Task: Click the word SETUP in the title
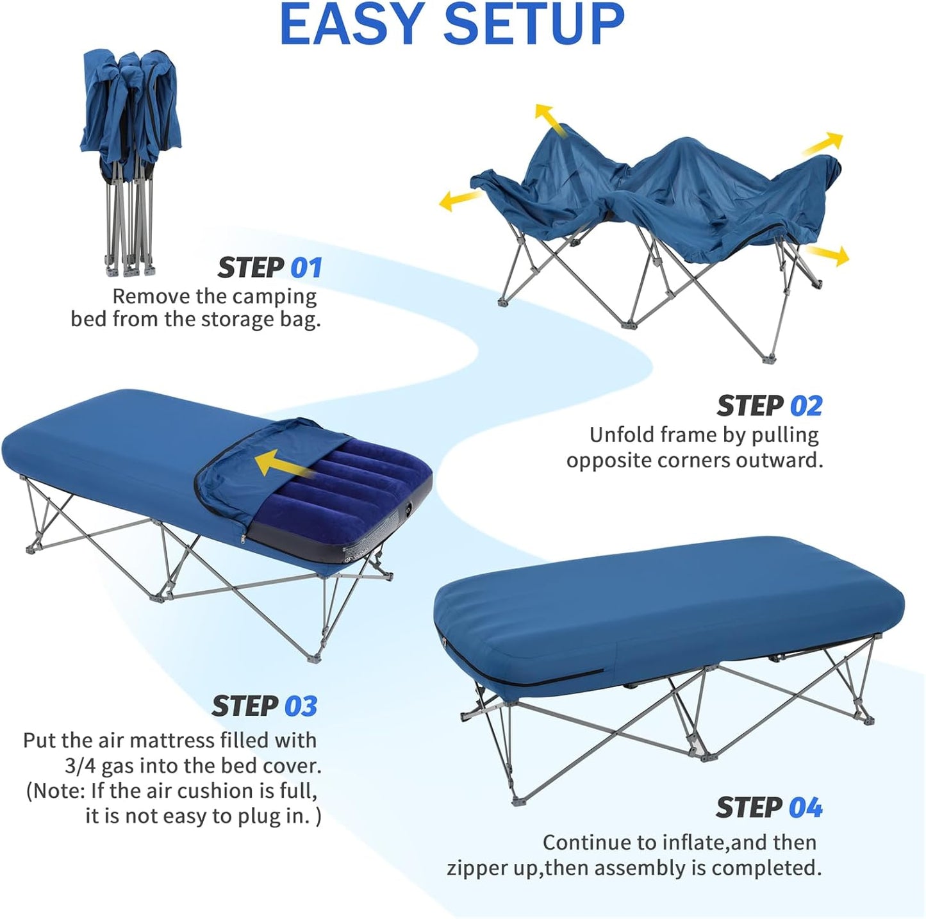(533, 24)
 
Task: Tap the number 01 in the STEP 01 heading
(306, 268)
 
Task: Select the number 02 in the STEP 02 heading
(806, 406)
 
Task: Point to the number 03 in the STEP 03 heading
(301, 706)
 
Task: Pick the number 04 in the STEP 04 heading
(806, 807)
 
